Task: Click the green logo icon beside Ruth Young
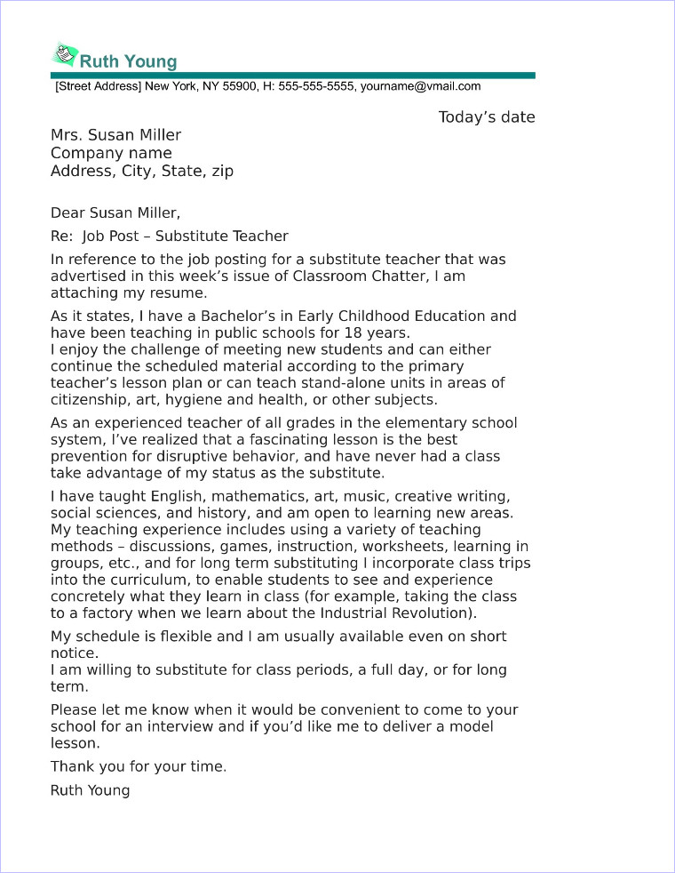[x=65, y=56]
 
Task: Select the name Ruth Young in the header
[x=129, y=61]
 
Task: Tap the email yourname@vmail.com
[x=420, y=87]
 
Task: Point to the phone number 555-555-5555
[x=315, y=87]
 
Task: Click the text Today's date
[x=487, y=117]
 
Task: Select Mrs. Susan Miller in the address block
[x=115, y=135]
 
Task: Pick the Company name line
[x=111, y=153]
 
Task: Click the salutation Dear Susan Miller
[x=115, y=212]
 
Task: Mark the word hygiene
[x=199, y=399]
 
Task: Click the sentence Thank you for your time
[x=139, y=766]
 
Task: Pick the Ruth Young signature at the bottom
[x=90, y=789]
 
